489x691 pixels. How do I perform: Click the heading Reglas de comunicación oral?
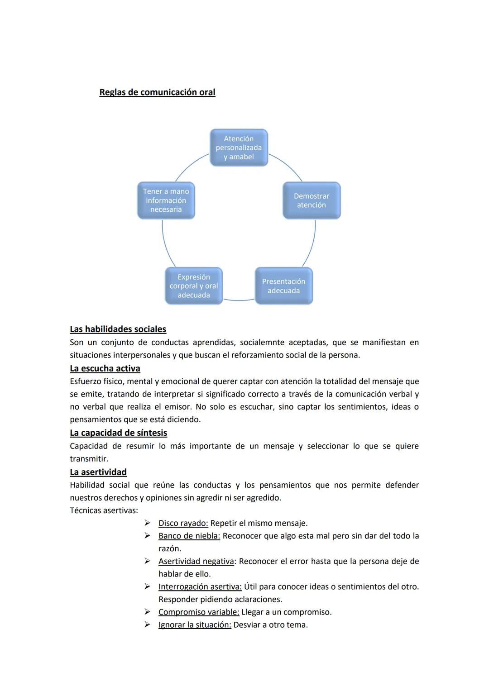tap(157, 92)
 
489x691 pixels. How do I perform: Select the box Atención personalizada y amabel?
tap(239, 148)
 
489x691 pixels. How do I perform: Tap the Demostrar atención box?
tap(312, 200)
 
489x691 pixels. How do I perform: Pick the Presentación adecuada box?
tap(283, 286)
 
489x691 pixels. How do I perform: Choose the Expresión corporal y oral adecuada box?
tap(194, 286)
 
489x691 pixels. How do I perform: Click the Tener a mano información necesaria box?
tap(166, 200)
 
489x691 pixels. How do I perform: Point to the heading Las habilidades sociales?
tap(118, 329)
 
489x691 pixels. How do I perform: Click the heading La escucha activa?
tap(105, 368)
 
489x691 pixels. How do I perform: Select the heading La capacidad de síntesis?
tap(118, 433)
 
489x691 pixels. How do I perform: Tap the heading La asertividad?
tap(98, 472)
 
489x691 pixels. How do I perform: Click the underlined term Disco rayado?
tap(183, 523)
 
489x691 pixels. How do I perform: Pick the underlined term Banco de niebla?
tap(189, 536)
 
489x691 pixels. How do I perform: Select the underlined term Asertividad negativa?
tap(196, 561)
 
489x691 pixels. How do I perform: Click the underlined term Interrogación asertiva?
tap(200, 586)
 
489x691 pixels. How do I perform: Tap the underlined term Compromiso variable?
tap(198, 612)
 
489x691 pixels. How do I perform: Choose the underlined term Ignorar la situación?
tap(195, 625)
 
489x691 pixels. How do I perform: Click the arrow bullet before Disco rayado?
tap(147, 523)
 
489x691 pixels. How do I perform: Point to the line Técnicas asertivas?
tap(104, 510)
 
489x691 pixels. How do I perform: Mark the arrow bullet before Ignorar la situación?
tap(147, 624)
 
